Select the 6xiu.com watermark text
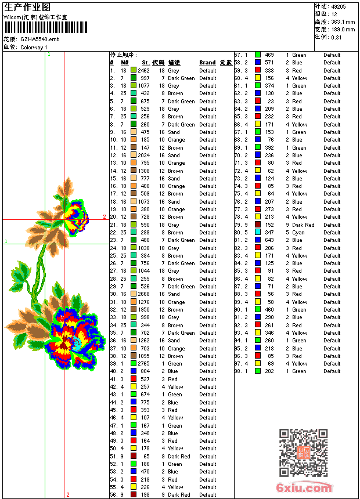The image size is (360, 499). pyautogui.click(x=304, y=488)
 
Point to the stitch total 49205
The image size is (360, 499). pyautogui.click(x=339, y=6)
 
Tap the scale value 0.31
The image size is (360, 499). pyautogui.click(x=336, y=37)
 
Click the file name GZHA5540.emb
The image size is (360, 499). pyautogui.click(x=39, y=39)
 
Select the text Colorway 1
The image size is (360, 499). pyautogui.click(x=34, y=47)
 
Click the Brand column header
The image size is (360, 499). pyautogui.click(x=207, y=63)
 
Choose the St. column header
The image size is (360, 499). pyautogui.click(x=145, y=63)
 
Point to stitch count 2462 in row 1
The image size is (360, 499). pyautogui.click(x=143, y=70)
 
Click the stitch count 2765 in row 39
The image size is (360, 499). pyautogui.click(x=143, y=364)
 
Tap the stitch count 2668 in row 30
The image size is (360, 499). pyautogui.click(x=143, y=294)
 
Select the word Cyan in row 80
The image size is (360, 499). pyautogui.click(x=298, y=233)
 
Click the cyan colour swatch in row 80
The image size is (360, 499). pyautogui.click(x=257, y=233)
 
